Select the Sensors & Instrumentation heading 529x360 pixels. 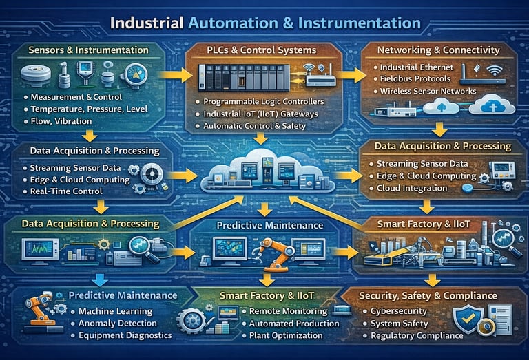[89, 50]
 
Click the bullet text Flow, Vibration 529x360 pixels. [57, 121]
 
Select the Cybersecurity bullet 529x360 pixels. [399, 311]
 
